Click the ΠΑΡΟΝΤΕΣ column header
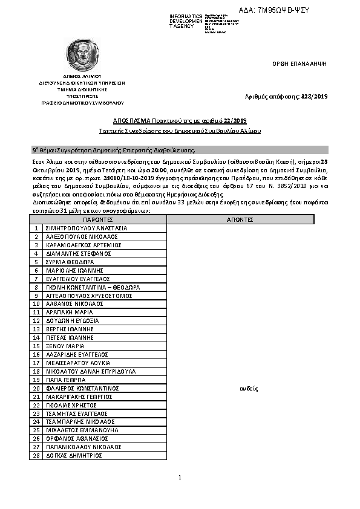click(98, 220)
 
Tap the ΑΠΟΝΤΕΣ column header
click(240, 220)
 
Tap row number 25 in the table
click(37, 430)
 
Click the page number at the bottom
click(180, 478)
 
